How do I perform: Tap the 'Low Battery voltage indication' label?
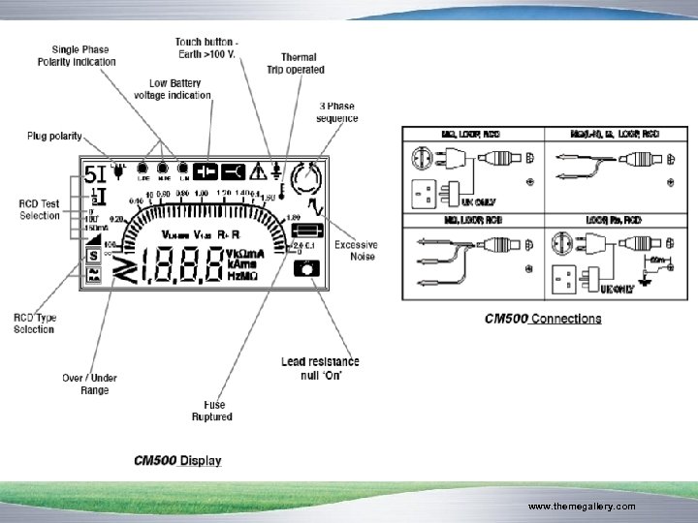pos(174,89)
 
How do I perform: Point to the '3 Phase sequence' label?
pos(337,112)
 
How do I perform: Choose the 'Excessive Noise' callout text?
pos(356,250)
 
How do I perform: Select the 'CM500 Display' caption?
pos(177,460)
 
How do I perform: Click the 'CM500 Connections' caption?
pos(543,319)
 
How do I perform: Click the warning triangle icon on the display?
pos(258,172)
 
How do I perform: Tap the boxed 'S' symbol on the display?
pos(93,257)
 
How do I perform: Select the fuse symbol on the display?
pos(307,232)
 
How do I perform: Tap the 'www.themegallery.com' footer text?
pos(581,507)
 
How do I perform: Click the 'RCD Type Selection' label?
pos(34,323)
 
